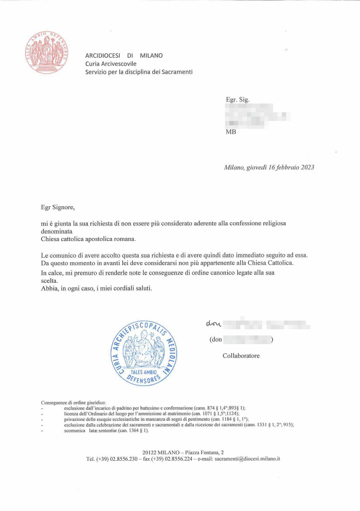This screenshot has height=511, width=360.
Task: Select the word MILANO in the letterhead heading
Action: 151,55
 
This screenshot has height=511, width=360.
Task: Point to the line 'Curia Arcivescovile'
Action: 111,64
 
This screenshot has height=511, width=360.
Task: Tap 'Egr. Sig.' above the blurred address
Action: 237,100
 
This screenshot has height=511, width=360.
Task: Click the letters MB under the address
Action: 231,131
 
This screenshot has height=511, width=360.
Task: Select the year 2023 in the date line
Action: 307,167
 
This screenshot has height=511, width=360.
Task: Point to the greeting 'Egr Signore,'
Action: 58,207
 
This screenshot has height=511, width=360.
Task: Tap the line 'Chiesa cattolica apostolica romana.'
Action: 88,239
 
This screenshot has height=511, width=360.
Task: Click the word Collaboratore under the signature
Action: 241,356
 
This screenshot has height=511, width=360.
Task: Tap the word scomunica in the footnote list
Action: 74,430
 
